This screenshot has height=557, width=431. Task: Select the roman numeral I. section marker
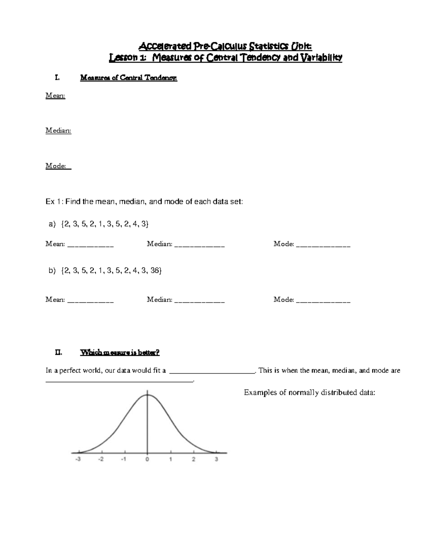pyautogui.click(x=56, y=77)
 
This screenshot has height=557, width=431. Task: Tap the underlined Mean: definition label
pyautogui.click(x=55, y=95)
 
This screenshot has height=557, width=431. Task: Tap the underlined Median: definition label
pyautogui.click(x=58, y=131)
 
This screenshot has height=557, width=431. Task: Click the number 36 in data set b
pyautogui.click(x=154, y=270)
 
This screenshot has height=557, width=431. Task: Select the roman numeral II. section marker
pyautogui.click(x=58, y=353)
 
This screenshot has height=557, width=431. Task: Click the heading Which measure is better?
pyautogui.click(x=120, y=353)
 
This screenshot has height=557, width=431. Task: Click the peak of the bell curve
pyautogui.click(x=147, y=395)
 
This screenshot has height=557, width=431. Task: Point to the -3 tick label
pyautogui.click(x=78, y=459)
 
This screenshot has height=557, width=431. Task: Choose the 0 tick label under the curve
pyautogui.click(x=147, y=459)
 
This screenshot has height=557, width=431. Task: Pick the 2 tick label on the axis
pyautogui.click(x=194, y=459)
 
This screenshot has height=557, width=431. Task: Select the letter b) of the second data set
pyautogui.click(x=52, y=270)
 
